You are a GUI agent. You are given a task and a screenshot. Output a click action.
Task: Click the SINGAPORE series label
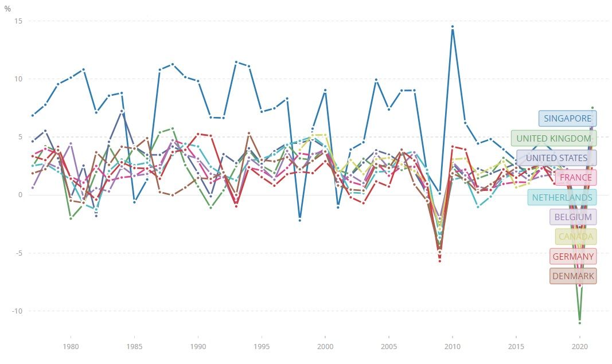(x=567, y=119)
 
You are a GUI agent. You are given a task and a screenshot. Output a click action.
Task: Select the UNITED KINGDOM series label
(x=553, y=138)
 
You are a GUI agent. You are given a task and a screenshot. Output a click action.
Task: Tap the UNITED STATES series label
(x=556, y=158)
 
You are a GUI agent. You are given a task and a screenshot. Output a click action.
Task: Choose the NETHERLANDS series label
(x=562, y=197)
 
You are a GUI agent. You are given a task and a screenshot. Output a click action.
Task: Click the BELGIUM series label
(x=573, y=217)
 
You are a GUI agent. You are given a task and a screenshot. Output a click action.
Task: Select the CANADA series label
(x=576, y=237)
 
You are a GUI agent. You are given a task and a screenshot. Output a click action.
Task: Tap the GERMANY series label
(x=573, y=256)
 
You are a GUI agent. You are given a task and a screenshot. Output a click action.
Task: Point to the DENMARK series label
(x=573, y=276)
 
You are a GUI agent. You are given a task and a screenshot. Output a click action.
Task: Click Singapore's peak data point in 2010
(x=453, y=26)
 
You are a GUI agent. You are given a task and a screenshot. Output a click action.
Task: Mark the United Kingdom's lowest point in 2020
(x=580, y=322)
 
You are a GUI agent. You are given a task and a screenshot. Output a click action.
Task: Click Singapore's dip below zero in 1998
(x=299, y=220)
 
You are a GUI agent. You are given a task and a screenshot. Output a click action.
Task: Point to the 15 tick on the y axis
(x=18, y=21)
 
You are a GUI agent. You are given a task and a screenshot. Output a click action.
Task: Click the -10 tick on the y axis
(x=16, y=311)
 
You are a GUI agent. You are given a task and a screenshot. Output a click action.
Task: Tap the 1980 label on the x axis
(x=71, y=346)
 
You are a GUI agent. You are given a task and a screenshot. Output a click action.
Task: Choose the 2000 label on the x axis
(x=325, y=346)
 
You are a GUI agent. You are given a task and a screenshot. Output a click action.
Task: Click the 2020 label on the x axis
(x=580, y=346)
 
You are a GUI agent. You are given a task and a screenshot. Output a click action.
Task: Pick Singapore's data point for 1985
(x=134, y=202)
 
